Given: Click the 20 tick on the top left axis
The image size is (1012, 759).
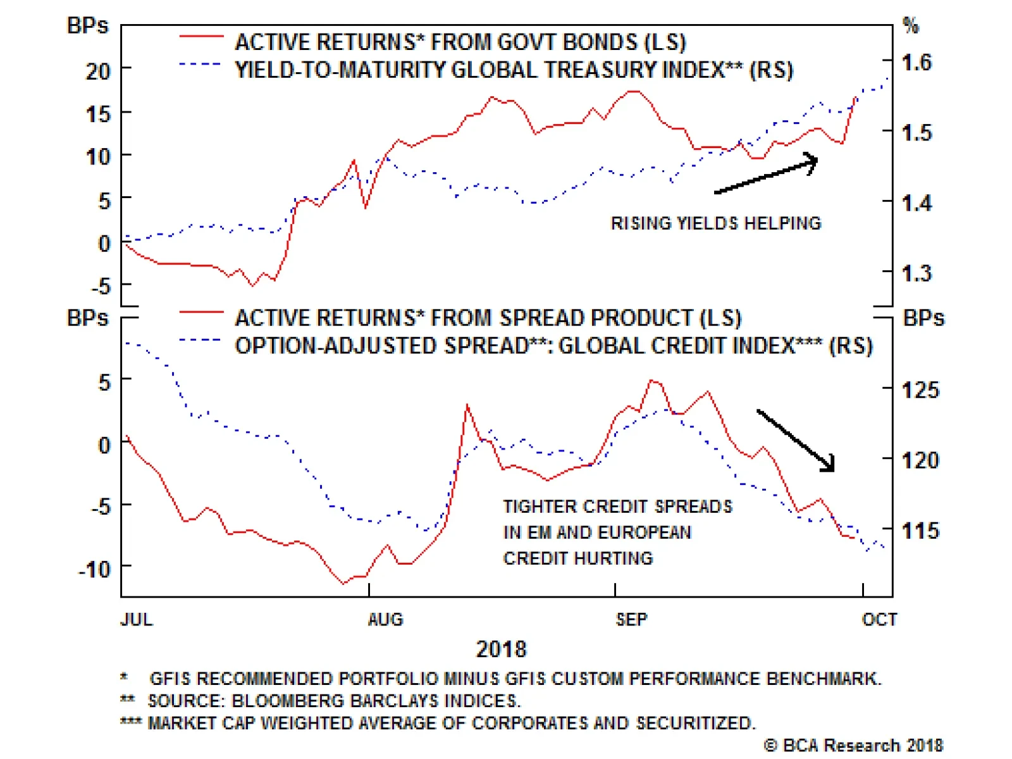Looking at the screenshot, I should (98, 71).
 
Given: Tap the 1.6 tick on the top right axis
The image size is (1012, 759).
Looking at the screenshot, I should (916, 63).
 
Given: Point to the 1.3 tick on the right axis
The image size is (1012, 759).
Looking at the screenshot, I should (916, 273).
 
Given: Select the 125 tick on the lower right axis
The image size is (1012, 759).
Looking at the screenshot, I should (920, 390).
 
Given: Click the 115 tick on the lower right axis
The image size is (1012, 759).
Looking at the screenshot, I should (920, 530).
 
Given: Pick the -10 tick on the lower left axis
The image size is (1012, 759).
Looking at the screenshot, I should (95, 570).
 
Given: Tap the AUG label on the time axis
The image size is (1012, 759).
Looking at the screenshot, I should (385, 619).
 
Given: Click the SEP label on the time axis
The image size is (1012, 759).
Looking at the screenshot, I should (631, 619).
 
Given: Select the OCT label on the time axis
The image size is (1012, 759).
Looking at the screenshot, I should (879, 619).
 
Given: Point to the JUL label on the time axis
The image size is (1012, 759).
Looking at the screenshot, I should (137, 619).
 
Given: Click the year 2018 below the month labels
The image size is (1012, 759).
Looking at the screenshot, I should (501, 649).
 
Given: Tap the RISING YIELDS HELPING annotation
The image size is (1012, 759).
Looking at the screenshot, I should (715, 223).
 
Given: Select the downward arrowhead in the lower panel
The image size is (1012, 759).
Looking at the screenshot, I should (829, 465).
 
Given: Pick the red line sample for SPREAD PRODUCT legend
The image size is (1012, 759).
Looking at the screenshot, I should (201, 313).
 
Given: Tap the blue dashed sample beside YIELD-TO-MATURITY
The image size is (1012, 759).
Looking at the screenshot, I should (200, 65).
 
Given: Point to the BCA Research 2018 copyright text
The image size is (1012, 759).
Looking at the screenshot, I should (854, 746).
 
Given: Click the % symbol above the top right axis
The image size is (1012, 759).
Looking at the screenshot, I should (910, 26).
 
